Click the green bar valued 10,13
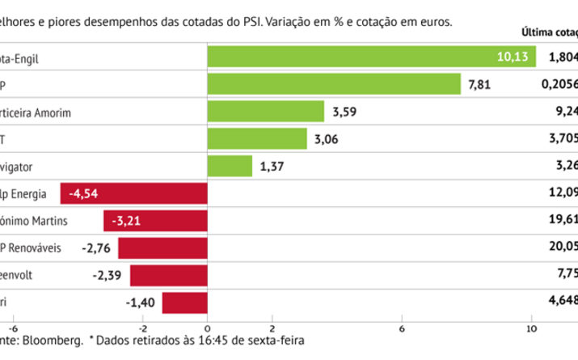pyautogui.click(x=372, y=57)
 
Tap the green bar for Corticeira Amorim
pyautogui.click(x=266, y=111)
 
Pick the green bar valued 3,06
pyautogui.click(x=257, y=138)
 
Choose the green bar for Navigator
pyautogui.click(x=230, y=166)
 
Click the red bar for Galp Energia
pyautogui.click(x=134, y=193)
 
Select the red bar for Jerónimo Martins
pyautogui.click(x=155, y=221)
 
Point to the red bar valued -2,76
pyautogui.click(x=162, y=248)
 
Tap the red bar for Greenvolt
pyautogui.click(x=169, y=276)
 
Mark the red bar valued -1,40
pyautogui.click(x=184, y=303)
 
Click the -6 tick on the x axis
pyautogui.click(x=13, y=328)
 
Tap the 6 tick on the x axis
pyautogui.click(x=402, y=328)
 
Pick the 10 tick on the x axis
pyautogui.click(x=531, y=328)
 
